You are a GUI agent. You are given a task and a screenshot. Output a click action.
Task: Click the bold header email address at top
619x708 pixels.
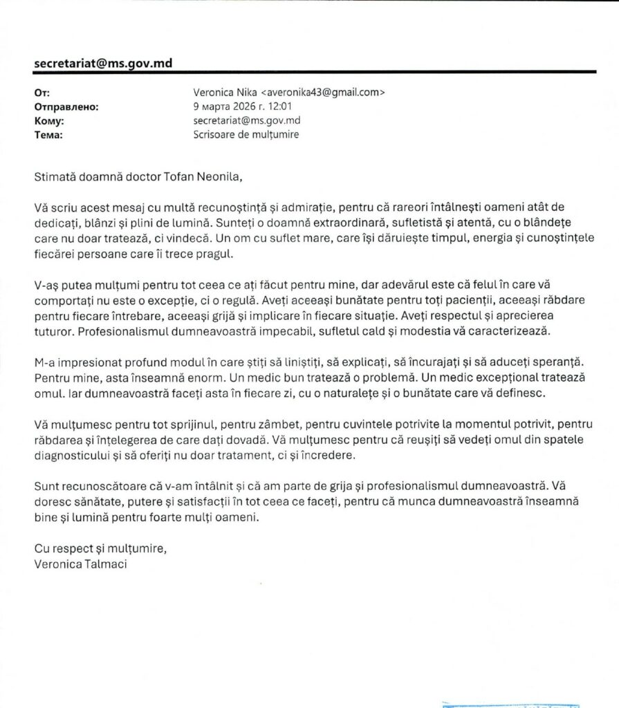103,64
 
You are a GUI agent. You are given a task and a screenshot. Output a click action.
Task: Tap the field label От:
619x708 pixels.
42,93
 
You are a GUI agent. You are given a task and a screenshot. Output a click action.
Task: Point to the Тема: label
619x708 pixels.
48,135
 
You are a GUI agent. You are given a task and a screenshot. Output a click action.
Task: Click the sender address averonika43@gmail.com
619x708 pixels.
321,93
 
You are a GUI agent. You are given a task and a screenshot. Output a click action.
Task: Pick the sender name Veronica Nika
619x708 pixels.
225,93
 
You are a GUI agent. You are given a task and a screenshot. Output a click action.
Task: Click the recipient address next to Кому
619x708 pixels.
247,120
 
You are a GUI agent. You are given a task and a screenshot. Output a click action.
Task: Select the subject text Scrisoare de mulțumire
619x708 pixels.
246,135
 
